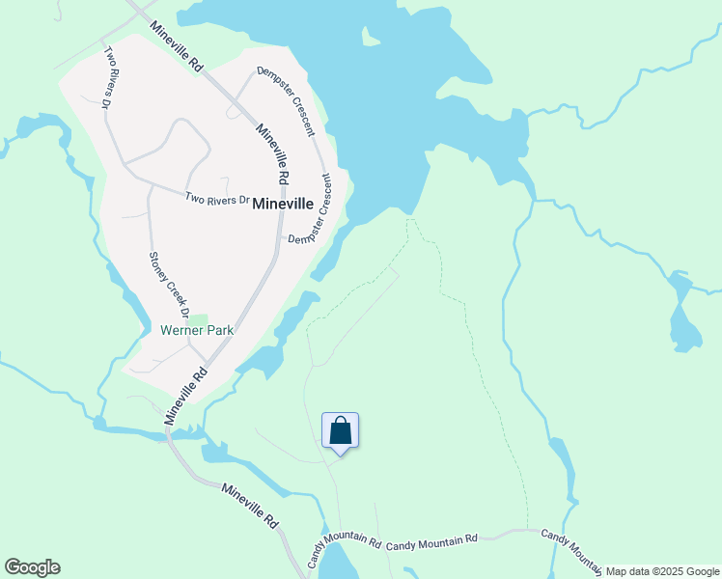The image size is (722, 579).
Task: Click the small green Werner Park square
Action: coord(197,319)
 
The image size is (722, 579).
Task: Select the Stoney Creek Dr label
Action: coord(168,285)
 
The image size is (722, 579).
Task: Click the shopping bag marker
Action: coord(340,430)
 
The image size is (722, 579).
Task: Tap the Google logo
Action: coord(32,567)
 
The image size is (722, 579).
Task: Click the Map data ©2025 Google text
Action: coord(662,571)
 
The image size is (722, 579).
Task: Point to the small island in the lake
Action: coord(369,38)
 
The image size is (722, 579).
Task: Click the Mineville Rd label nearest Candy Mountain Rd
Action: coord(250,505)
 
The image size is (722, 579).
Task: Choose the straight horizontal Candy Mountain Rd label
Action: coord(431,543)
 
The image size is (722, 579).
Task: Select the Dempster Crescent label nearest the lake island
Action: coord(286,100)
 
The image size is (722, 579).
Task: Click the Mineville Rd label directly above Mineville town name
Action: coord(270,154)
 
